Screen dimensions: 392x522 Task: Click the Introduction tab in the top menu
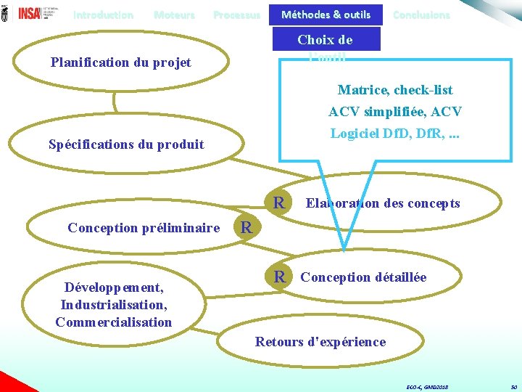[x=103, y=15]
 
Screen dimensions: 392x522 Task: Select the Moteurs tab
[x=174, y=15]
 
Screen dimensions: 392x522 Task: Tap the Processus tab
[x=236, y=15]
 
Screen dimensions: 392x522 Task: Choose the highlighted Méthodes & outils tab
[x=326, y=15]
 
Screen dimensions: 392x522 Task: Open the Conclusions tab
[x=420, y=15]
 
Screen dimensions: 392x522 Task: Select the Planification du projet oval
[x=121, y=62]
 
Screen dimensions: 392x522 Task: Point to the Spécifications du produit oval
[x=126, y=144]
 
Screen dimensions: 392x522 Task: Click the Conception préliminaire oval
[x=144, y=228]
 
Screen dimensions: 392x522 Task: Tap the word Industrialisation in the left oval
[x=114, y=304]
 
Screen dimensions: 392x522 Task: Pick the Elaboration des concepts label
[x=383, y=203]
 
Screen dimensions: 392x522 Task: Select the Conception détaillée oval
[x=363, y=277]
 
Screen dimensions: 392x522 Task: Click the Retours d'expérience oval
[x=320, y=341]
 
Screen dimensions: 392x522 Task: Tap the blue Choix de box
[x=325, y=41]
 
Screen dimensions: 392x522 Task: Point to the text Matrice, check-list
[x=395, y=90]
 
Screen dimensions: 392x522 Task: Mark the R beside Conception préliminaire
[x=246, y=227]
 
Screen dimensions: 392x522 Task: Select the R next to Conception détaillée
[x=279, y=277]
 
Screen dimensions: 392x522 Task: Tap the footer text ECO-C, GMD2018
[x=427, y=387]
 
